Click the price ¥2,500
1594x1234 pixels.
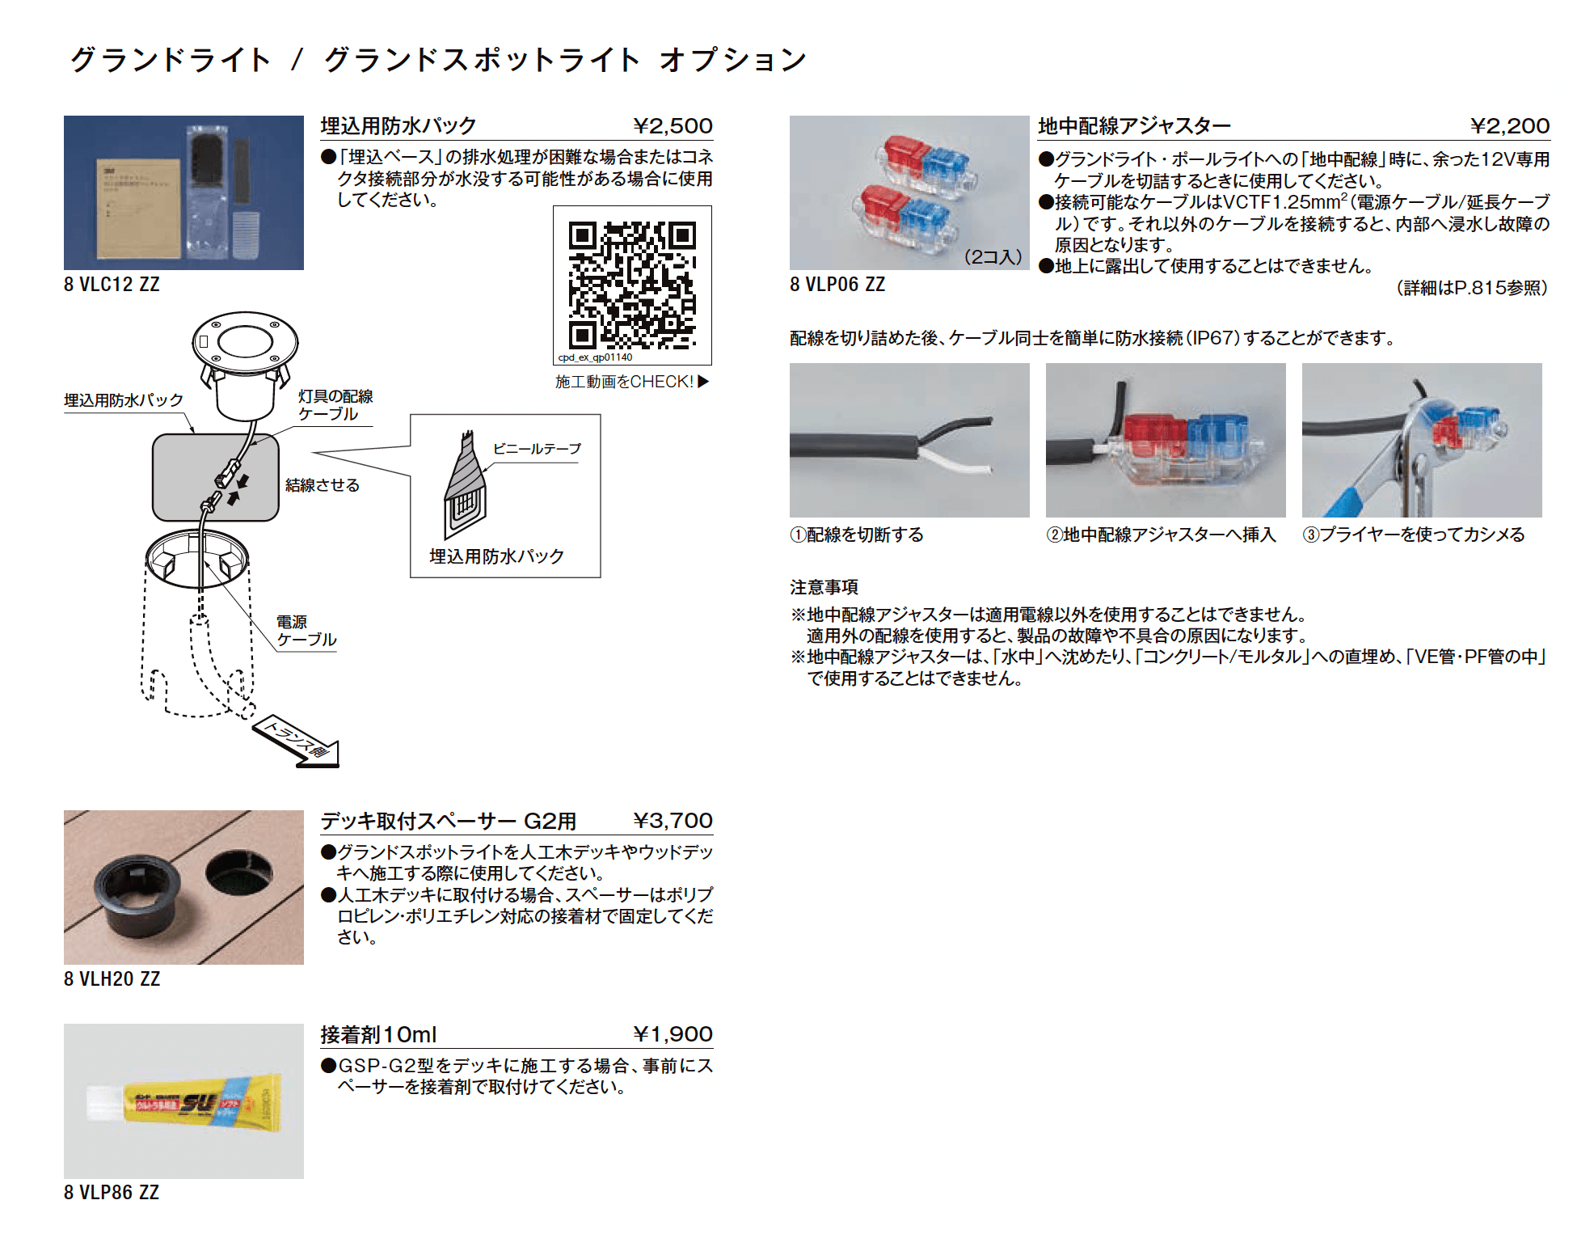pyautogui.click(x=673, y=126)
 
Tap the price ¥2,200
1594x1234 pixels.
pyautogui.click(x=1509, y=126)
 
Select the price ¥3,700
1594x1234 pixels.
pyautogui.click(x=673, y=821)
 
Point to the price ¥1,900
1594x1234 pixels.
pyautogui.click(x=673, y=1034)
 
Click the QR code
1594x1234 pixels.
pyautogui.click(x=632, y=285)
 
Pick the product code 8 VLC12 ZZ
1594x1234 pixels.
pyautogui.click(x=112, y=285)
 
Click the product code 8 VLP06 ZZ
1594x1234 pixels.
pyautogui.click(x=837, y=285)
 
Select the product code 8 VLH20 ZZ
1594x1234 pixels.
pyautogui.click(x=112, y=979)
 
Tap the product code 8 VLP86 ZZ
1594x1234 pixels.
pyautogui.click(x=112, y=1193)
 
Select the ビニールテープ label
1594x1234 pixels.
pyautogui.click(x=537, y=449)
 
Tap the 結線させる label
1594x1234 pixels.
pyautogui.click(x=322, y=485)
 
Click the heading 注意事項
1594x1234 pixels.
pyautogui.click(x=824, y=587)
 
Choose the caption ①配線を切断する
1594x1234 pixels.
pyautogui.click(x=857, y=535)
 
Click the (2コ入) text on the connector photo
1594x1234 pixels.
pyautogui.click(x=993, y=257)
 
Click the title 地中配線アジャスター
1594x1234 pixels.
pyautogui.click(x=1134, y=126)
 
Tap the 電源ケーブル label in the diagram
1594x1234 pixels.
pyautogui.click(x=306, y=631)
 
